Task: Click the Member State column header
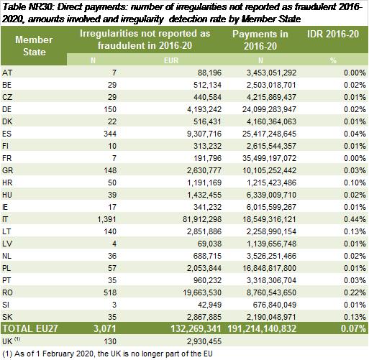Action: pos(34,46)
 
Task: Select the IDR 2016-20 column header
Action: pos(333,34)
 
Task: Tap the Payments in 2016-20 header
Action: pos(260,40)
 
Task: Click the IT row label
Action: pos(5,219)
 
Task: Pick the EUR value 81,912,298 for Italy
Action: pos(202,219)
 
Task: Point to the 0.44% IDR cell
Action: pos(355,219)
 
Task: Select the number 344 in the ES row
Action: pos(110,134)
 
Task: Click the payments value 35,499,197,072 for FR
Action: pos(269,158)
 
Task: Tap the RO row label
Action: pos(7,292)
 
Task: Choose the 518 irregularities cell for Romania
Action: pos(110,292)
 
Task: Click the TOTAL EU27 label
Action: pos(30,328)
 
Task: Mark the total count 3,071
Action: pos(104,328)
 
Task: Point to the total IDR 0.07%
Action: pos(353,328)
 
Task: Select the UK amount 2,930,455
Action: pos(204,341)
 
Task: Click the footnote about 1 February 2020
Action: pos(107,354)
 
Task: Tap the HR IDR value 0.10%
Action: pos(355,183)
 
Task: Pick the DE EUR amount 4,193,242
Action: pos(204,109)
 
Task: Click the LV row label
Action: pos(7,244)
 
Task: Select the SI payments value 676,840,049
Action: pos(275,305)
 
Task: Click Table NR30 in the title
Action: pos(27,7)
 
